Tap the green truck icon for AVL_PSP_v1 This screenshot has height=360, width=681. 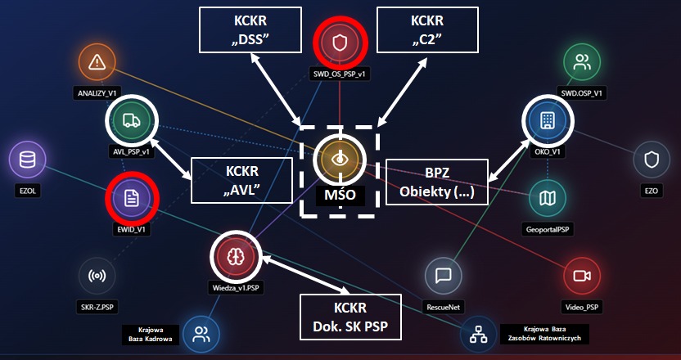click(x=131, y=121)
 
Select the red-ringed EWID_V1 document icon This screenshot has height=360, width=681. click(x=131, y=198)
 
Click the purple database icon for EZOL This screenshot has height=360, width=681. click(x=28, y=160)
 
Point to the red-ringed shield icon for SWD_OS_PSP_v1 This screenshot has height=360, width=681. click(x=340, y=40)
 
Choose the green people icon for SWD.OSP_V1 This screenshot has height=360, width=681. click(x=581, y=61)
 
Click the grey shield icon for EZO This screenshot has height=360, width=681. click(x=652, y=160)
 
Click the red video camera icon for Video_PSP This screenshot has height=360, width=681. click(x=582, y=277)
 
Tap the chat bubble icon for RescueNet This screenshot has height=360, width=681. click(x=444, y=277)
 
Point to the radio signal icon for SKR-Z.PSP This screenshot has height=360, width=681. click(x=97, y=277)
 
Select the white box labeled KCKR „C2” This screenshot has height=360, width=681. click(x=426, y=30)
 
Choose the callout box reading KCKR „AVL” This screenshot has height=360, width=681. click(x=241, y=180)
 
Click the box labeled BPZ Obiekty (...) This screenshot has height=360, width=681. click(x=436, y=181)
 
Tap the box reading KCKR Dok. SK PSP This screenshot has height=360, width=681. click(x=351, y=317)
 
